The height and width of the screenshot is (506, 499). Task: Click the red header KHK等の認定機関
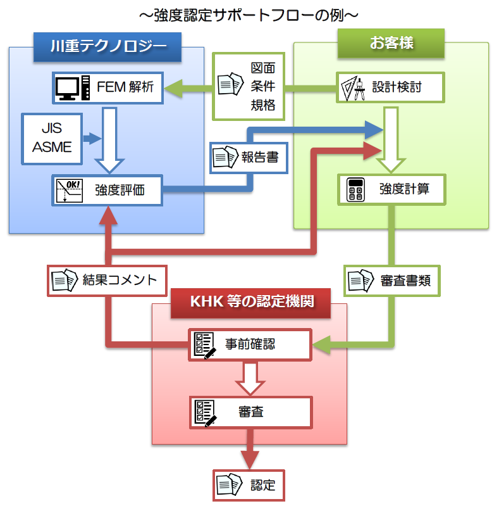[x=251, y=300]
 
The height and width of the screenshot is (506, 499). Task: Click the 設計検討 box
[x=390, y=88]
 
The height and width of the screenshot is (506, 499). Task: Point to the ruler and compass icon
[x=353, y=88]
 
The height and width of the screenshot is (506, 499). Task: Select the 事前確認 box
[x=250, y=345]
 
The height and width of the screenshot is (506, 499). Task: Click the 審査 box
[x=250, y=412]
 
